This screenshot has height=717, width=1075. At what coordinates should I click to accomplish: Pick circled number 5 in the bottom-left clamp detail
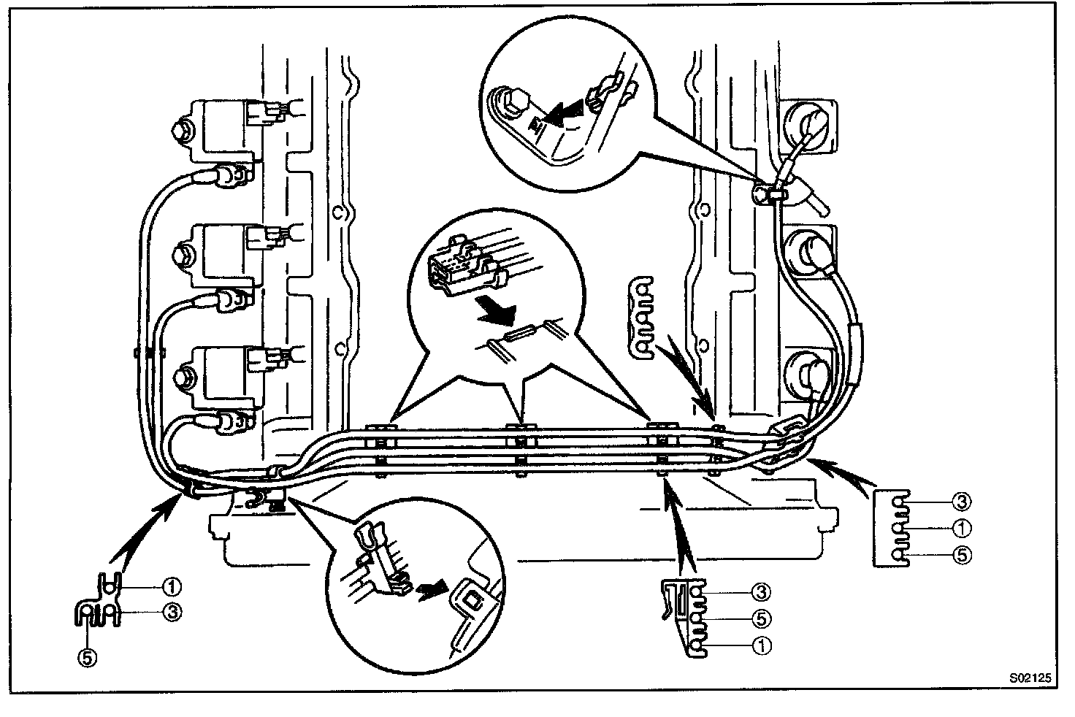click(88, 657)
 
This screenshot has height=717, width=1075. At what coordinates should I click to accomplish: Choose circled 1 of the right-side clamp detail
click(961, 527)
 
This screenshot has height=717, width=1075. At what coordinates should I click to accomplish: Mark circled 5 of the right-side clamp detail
click(961, 555)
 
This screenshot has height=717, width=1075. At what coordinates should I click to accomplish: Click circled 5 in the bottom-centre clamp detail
click(760, 618)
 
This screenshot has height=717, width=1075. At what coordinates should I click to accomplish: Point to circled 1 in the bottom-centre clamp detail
click(760, 645)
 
